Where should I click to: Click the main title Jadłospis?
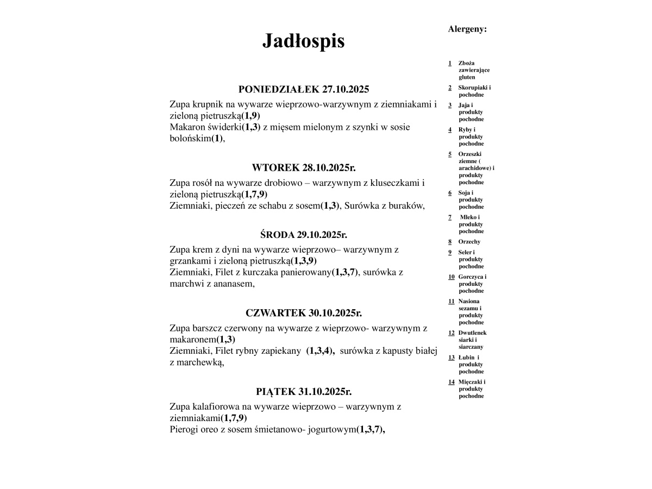(303, 41)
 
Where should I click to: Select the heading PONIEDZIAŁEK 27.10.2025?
(303, 90)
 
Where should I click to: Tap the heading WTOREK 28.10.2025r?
(303, 167)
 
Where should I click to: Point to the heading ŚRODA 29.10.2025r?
(303, 235)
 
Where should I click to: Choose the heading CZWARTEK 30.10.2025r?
(303, 313)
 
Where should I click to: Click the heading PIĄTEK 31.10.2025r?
(303, 391)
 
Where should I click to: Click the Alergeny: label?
(467, 29)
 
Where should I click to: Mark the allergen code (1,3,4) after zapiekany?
(320, 351)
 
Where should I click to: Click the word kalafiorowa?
(218, 406)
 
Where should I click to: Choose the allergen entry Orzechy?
(469, 242)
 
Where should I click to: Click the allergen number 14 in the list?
(451, 382)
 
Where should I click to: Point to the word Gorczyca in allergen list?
(470, 277)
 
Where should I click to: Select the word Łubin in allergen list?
(466, 358)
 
